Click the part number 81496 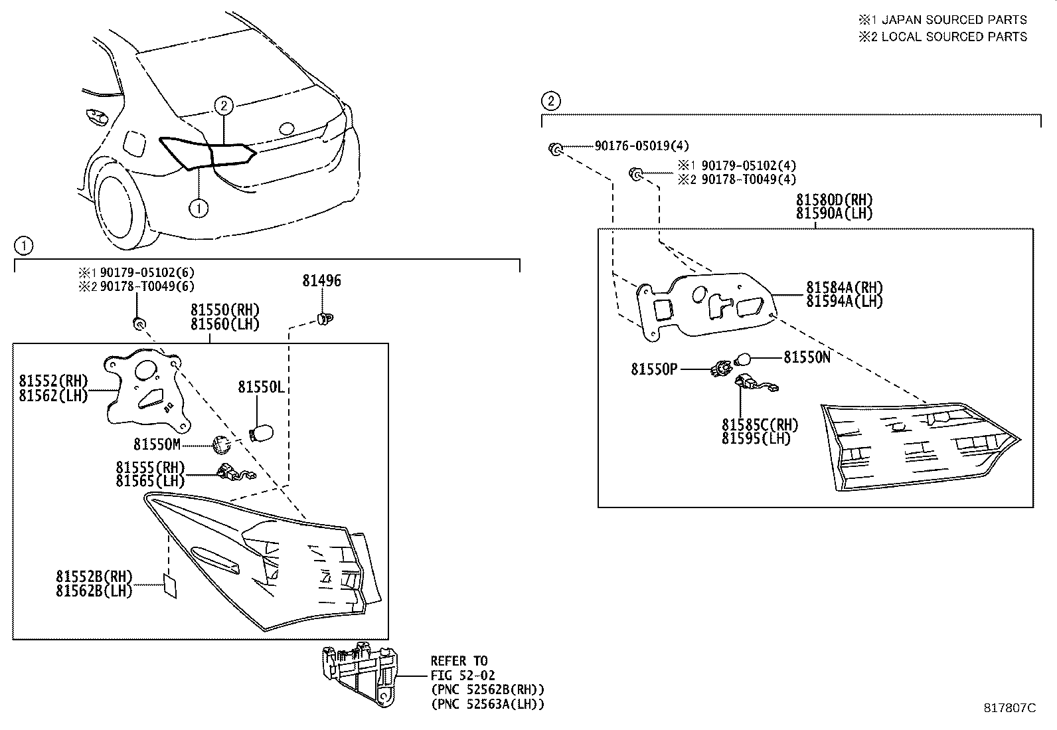pyautogui.click(x=321, y=281)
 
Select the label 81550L pyautogui.click(x=261, y=387)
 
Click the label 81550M pyautogui.click(x=157, y=444)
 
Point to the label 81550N pyautogui.click(x=807, y=357)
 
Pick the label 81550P pyautogui.click(x=654, y=369)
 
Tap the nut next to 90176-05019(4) pyautogui.click(x=553, y=148)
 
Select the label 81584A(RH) pyautogui.click(x=845, y=288)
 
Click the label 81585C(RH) pyautogui.click(x=760, y=425)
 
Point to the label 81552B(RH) pyautogui.click(x=94, y=577)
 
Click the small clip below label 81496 pyautogui.click(x=324, y=319)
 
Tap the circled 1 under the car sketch pyautogui.click(x=198, y=208)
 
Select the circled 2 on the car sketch pyautogui.click(x=224, y=105)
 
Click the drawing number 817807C pyautogui.click(x=1009, y=708)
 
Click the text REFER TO pyautogui.click(x=459, y=661)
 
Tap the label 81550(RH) pyautogui.click(x=224, y=310)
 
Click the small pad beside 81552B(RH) pyautogui.click(x=169, y=586)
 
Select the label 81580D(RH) pyautogui.click(x=834, y=200)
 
